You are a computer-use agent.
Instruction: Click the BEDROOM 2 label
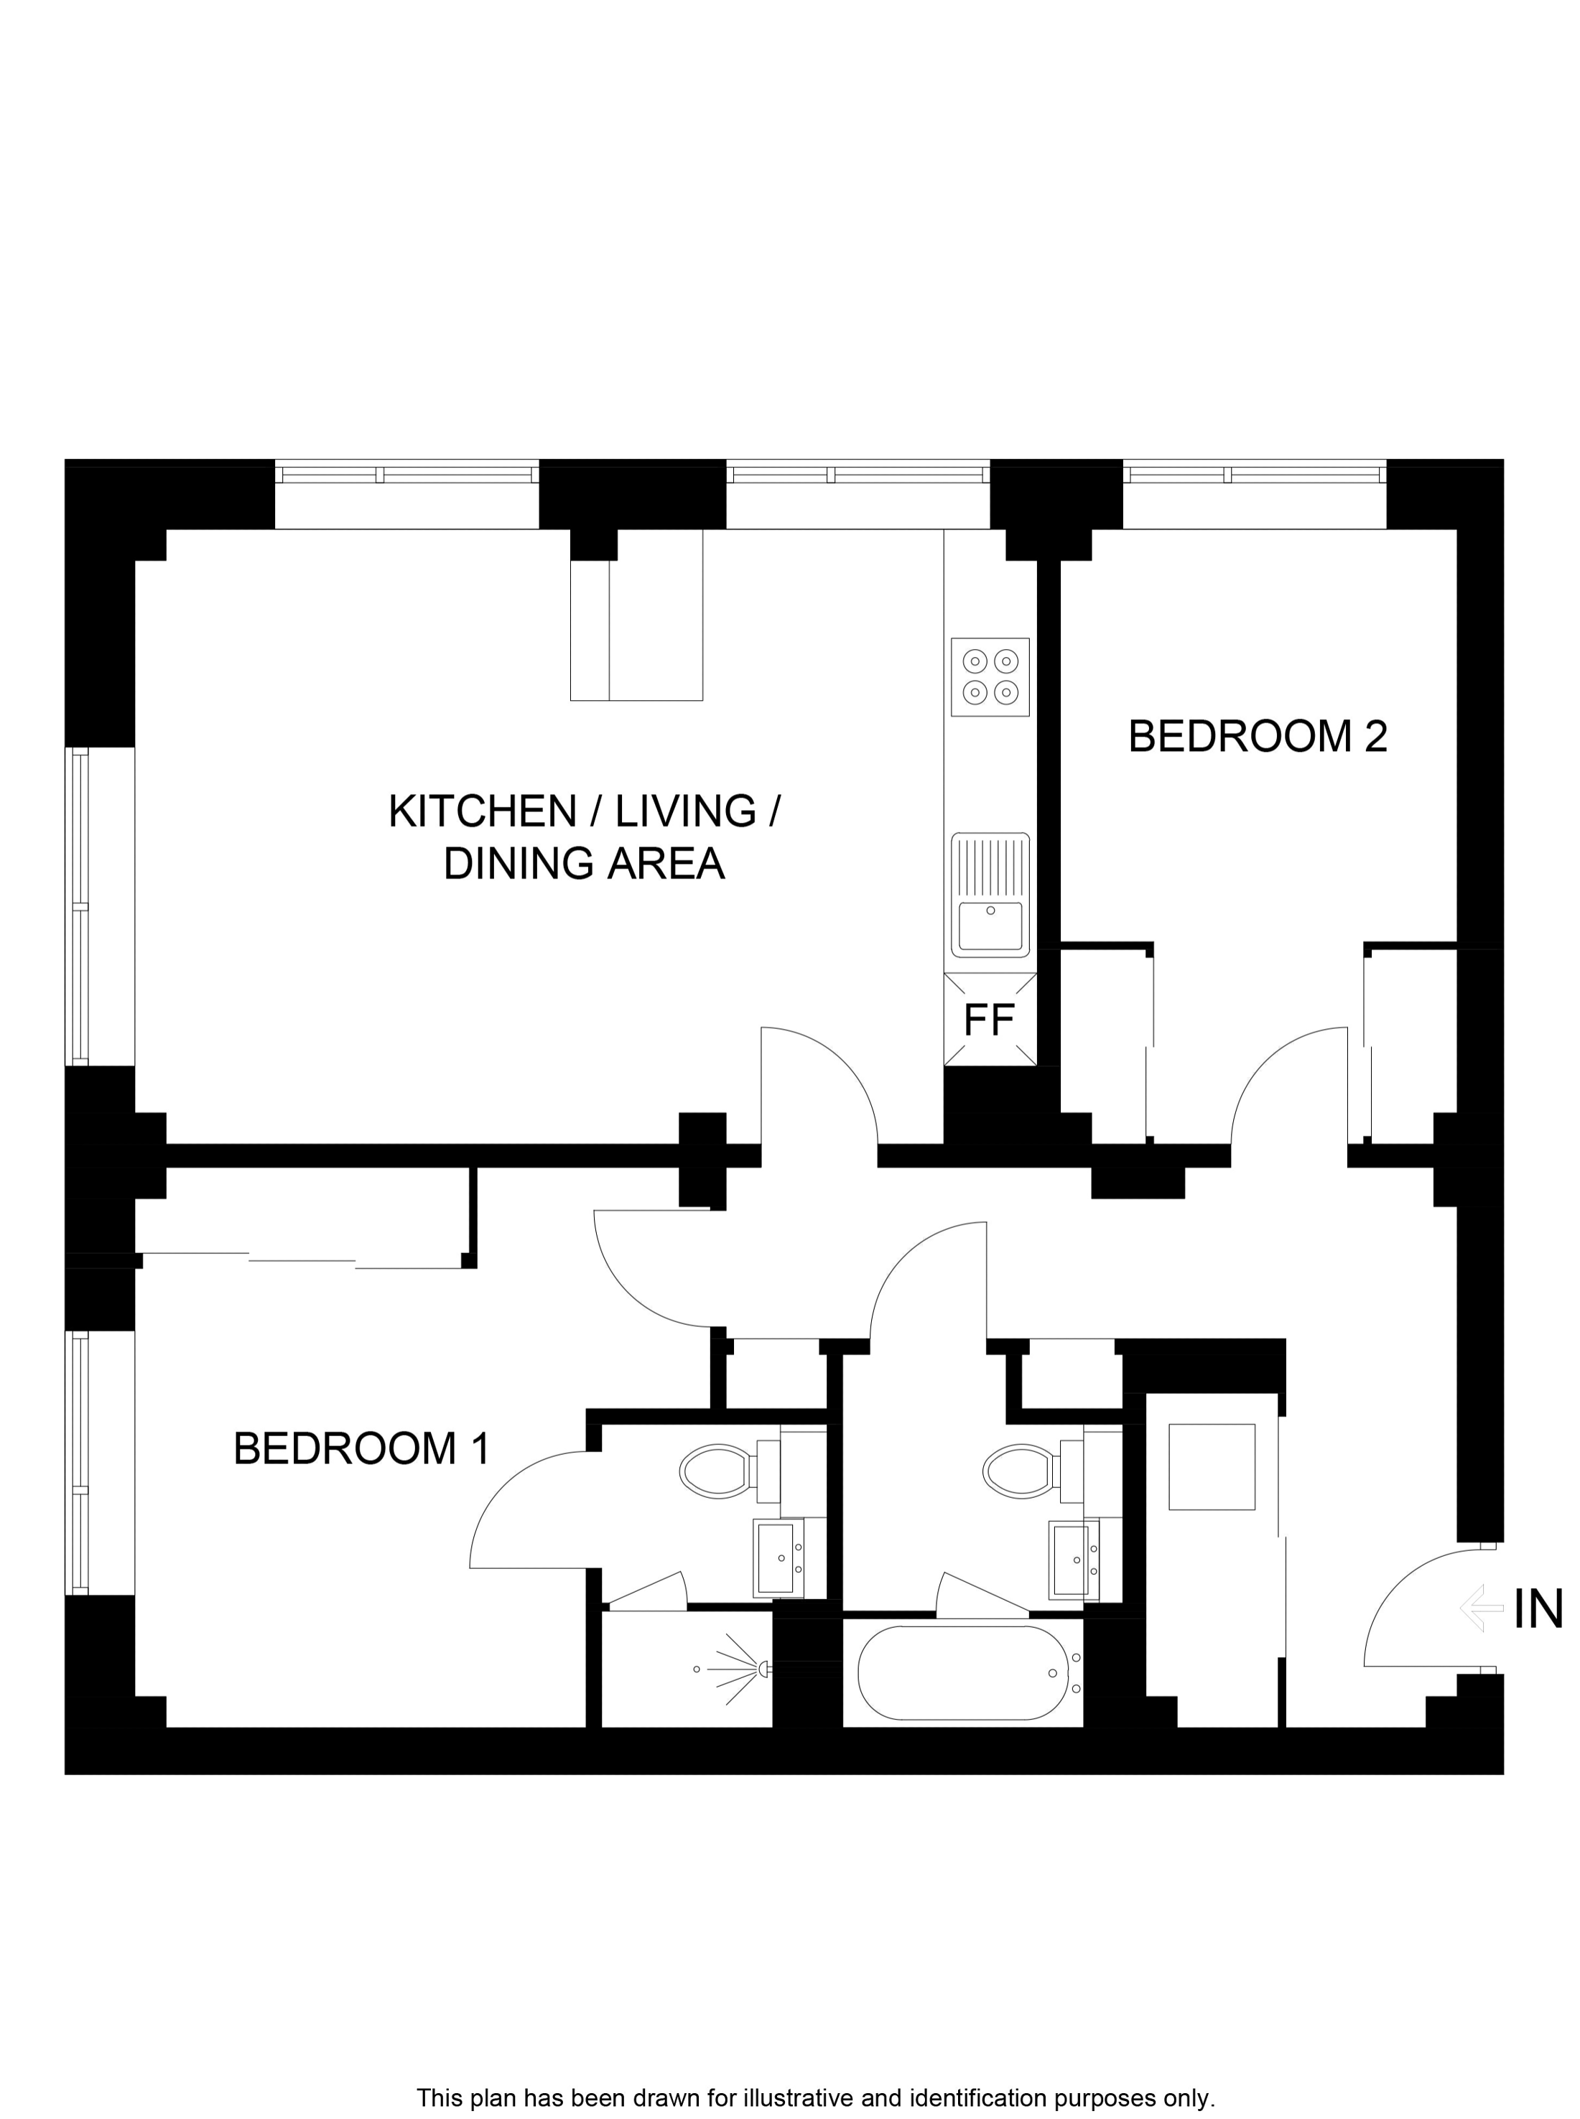(x=1257, y=737)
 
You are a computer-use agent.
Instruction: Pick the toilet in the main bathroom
(x=1021, y=1471)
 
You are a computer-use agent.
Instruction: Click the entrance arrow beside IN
(x=1482, y=1608)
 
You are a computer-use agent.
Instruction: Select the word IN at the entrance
(x=1537, y=1608)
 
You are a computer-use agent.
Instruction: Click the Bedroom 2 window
(x=1254, y=475)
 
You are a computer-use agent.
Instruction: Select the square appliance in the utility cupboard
(x=1211, y=1467)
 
